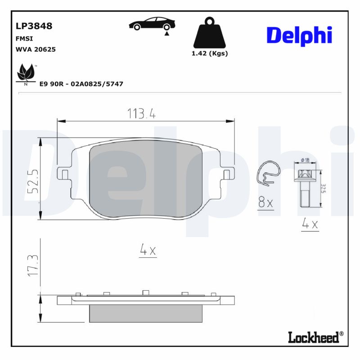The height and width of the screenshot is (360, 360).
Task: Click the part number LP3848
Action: click(x=34, y=26)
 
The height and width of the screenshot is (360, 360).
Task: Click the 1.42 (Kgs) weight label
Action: click(x=210, y=53)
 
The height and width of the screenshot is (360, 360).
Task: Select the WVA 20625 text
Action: click(x=36, y=49)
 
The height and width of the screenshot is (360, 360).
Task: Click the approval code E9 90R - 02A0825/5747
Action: click(x=81, y=84)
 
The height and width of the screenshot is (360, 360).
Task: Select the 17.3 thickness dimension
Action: click(x=33, y=265)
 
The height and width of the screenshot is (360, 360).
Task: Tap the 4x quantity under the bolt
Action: click(x=310, y=224)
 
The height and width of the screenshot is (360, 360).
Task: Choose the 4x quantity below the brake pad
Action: click(x=148, y=251)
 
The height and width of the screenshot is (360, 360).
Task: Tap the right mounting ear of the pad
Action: click(x=228, y=173)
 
